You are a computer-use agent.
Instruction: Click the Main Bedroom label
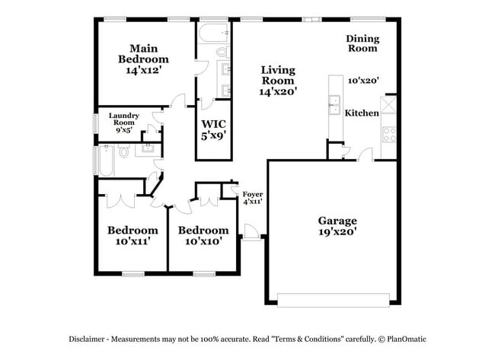pyautogui.click(x=143, y=53)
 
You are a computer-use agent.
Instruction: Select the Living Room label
pyautogui.click(x=277, y=75)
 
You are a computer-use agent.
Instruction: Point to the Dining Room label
pyautogui.click(x=362, y=43)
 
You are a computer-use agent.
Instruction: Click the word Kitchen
pyautogui.click(x=362, y=113)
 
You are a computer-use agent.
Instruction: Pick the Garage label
pyautogui.click(x=337, y=221)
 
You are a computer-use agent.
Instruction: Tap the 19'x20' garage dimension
pyautogui.click(x=337, y=232)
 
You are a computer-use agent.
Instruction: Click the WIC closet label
pyautogui.click(x=214, y=123)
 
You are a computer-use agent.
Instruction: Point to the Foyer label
pyautogui.click(x=252, y=194)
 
